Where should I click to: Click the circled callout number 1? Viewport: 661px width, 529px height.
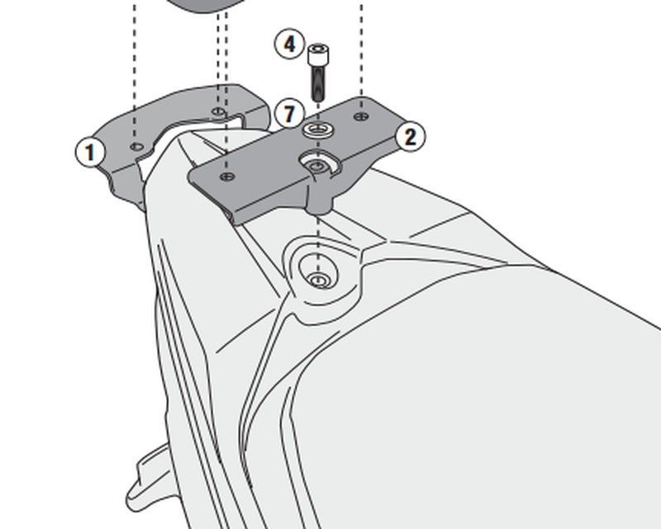tap(90, 152)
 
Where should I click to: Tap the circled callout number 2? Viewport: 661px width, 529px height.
tap(410, 136)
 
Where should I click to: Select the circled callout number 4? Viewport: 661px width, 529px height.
tap(290, 44)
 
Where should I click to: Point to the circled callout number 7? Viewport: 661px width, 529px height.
tap(288, 114)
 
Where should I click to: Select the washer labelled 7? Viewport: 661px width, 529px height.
tap(318, 129)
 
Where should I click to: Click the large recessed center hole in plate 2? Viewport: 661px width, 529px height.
tap(319, 164)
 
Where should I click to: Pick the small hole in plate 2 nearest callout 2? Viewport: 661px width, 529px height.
tap(361, 116)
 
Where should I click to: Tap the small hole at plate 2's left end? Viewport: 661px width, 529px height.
tap(227, 177)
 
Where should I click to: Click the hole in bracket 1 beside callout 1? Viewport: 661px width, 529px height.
tap(136, 147)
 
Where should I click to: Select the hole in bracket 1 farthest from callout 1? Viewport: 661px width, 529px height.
tap(218, 111)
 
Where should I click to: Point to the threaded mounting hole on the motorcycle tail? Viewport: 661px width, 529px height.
tap(319, 280)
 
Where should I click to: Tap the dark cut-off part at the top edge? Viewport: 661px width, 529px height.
tap(203, 6)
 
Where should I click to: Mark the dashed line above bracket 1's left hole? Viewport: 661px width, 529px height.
tap(135, 71)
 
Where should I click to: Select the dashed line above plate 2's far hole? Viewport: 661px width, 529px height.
tap(361, 49)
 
